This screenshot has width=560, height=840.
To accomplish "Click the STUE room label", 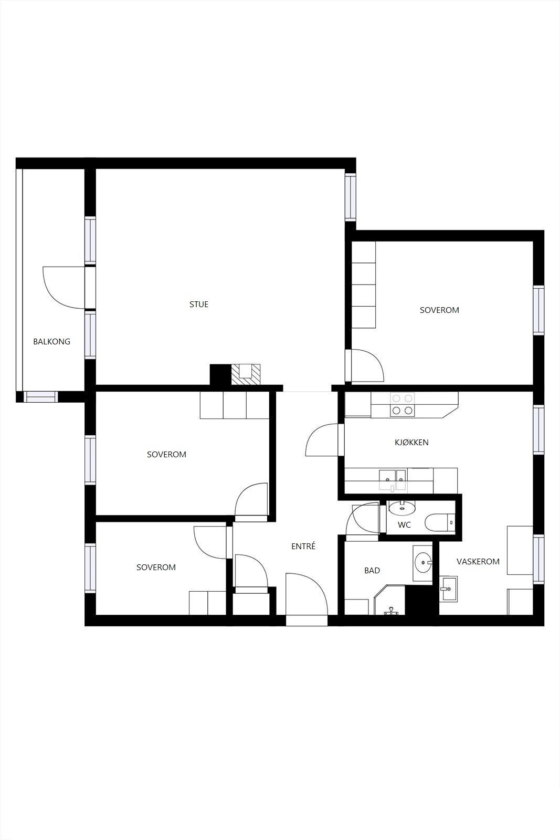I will [199, 304].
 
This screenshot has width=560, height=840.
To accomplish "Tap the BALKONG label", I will [51, 342].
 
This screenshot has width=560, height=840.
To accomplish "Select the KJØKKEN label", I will [411, 443].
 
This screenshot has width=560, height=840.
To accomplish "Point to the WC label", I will [404, 525].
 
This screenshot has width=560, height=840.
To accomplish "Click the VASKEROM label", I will [478, 562].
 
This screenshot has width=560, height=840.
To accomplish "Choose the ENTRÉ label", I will [303, 547].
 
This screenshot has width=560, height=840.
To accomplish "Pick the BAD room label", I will [372, 571].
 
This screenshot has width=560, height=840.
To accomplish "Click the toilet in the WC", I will [439, 523].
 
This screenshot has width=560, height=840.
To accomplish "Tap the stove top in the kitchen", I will [402, 405].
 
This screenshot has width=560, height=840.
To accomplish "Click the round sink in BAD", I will [422, 563].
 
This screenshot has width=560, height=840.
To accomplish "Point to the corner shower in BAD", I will [389, 601].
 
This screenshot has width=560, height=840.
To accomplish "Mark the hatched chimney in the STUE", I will [246, 374].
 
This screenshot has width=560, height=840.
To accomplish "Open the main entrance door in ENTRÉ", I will [307, 596].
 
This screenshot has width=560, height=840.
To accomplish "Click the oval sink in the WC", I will [402, 507].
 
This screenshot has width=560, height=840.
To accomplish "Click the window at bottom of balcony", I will [41, 397].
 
